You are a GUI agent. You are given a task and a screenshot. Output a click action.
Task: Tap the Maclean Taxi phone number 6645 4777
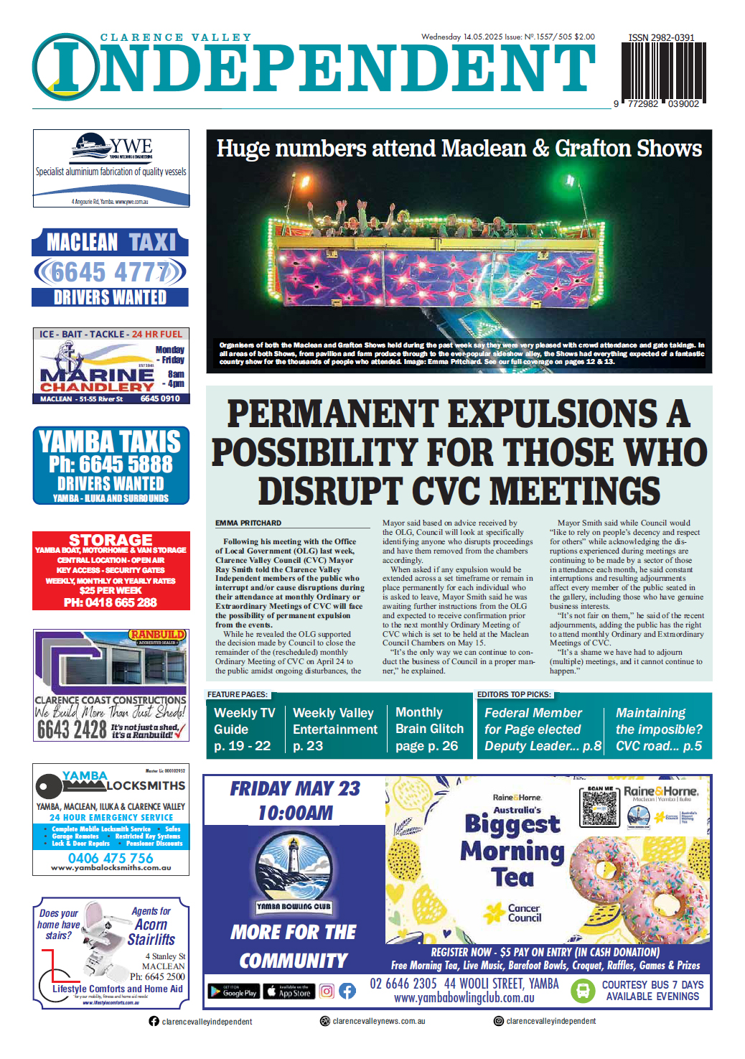point(110,272)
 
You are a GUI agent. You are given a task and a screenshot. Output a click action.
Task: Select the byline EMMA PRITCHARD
point(248,523)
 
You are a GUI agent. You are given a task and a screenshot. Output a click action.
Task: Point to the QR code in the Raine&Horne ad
point(599,808)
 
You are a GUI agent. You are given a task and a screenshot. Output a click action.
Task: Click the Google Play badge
point(233,992)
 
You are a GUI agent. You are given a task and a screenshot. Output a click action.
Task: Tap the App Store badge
point(289,992)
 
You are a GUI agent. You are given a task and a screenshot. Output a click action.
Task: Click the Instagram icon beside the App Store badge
point(327,992)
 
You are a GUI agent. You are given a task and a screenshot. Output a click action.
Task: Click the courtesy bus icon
point(582,991)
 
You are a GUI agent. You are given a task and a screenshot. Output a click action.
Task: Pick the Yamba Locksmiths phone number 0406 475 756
point(111,858)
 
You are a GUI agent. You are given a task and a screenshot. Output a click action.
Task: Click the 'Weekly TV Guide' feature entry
point(244,729)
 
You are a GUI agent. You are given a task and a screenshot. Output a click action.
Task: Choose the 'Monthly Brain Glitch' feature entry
point(429,729)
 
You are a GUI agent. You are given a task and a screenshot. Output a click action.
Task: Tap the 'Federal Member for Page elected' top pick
point(541,729)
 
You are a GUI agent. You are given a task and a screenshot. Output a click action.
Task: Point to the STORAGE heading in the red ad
point(111,539)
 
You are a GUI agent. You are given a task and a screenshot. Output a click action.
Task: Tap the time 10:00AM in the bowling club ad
point(295,813)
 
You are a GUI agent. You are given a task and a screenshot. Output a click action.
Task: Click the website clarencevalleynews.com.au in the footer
point(378,1021)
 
